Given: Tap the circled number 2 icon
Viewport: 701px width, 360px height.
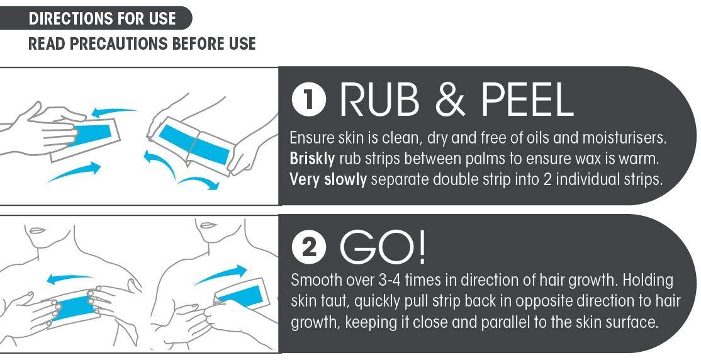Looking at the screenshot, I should (308, 249).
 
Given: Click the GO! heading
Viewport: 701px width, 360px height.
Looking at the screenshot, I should (383, 248).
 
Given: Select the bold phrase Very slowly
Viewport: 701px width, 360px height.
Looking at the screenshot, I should (328, 179).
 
